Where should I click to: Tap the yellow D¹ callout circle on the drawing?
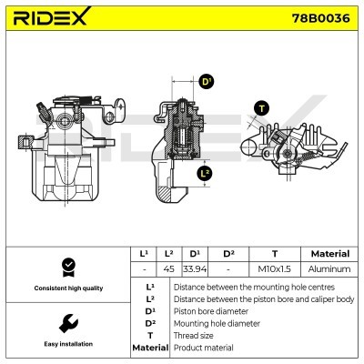(206, 82)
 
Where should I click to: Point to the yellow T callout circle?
(262, 108)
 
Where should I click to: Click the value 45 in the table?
(168, 269)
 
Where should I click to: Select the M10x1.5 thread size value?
(274, 269)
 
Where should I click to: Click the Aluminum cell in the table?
(329, 269)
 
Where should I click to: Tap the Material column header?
(329, 254)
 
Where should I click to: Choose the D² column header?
(228, 254)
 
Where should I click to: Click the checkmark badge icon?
(66, 267)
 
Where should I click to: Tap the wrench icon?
(66, 323)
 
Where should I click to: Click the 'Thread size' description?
(196, 335)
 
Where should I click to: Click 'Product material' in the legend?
(204, 348)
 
